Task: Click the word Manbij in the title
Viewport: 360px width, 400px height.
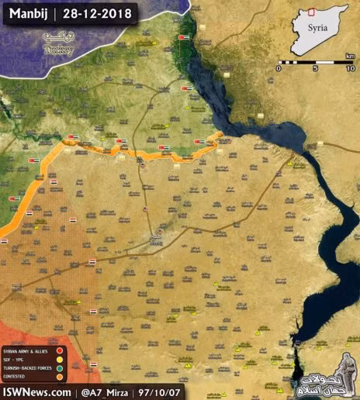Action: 26,13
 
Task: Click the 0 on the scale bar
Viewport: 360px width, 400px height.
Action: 278,69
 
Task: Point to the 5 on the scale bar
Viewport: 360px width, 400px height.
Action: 315,69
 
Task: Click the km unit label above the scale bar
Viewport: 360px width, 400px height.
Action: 351,55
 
